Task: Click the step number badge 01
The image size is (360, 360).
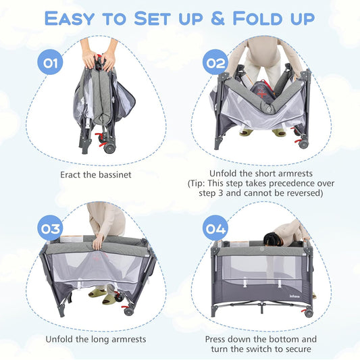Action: [49, 64]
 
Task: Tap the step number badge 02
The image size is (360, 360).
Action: [215, 64]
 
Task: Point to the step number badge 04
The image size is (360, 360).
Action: [215, 228]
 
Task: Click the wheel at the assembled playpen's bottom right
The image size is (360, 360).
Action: [308, 313]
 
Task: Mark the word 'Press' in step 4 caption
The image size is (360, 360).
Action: [219, 338]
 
